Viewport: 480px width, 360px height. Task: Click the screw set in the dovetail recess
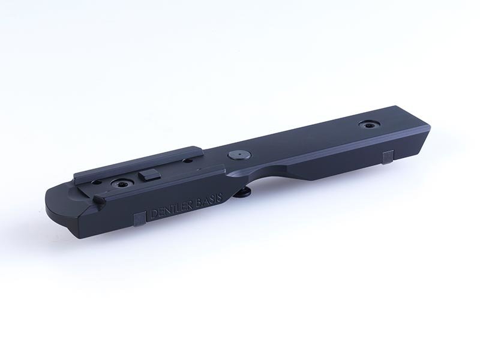point(122,183)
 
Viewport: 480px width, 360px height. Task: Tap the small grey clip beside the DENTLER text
point(140,220)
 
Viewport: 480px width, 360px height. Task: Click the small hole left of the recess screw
point(97,183)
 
